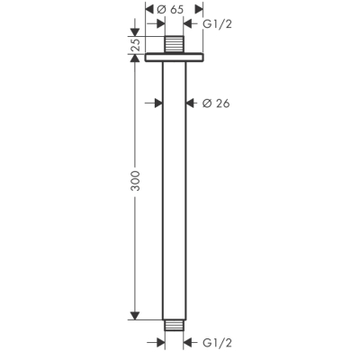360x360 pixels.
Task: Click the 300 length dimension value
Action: (136, 190)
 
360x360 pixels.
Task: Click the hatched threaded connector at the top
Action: (173, 45)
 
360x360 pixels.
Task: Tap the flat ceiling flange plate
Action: (173, 58)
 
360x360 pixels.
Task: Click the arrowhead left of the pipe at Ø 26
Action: (157, 103)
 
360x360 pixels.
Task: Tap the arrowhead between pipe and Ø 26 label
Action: (189, 103)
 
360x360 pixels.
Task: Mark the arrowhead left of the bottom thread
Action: (157, 342)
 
